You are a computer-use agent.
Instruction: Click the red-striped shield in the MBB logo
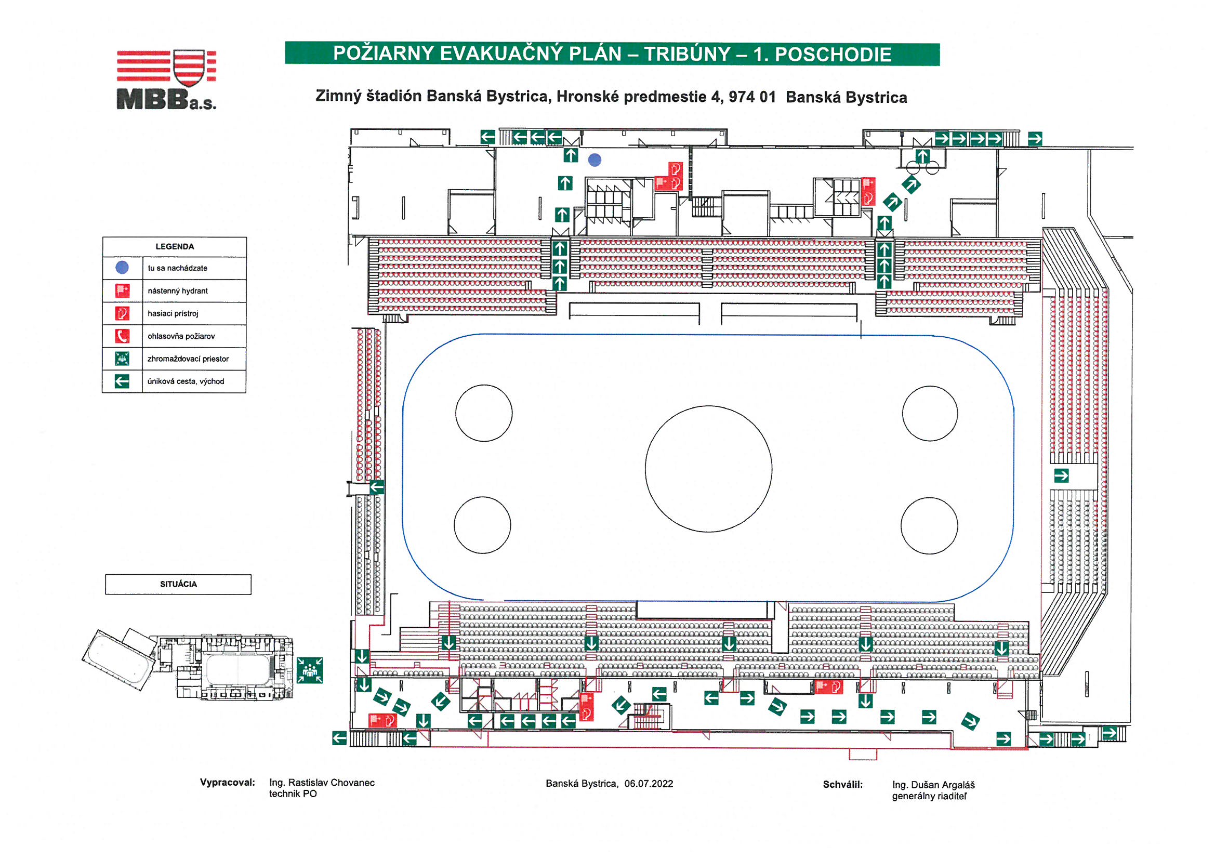[189, 67]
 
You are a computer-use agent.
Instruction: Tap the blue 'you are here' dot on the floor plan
[595, 160]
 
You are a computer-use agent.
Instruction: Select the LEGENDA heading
[175, 247]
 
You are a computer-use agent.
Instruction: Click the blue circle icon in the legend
[122, 268]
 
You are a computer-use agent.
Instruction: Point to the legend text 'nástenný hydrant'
[178, 291]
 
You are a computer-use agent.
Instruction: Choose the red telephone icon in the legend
[122, 336]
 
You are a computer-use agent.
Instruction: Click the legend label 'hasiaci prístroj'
[173, 313]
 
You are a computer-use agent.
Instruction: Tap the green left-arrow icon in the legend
[122, 381]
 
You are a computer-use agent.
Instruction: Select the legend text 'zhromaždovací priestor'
[188, 359]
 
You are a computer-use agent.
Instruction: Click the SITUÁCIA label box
[178, 584]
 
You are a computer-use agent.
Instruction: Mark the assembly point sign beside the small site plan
[310, 670]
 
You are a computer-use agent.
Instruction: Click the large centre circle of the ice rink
[708, 469]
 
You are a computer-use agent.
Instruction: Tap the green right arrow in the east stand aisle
[1062, 476]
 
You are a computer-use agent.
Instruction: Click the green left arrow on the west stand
[377, 487]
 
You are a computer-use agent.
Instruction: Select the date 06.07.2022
[649, 784]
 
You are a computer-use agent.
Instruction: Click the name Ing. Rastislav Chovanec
[322, 783]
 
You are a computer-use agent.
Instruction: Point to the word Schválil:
[843, 784]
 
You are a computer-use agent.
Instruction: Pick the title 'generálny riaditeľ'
[929, 796]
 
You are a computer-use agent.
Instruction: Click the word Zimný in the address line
[335, 96]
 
